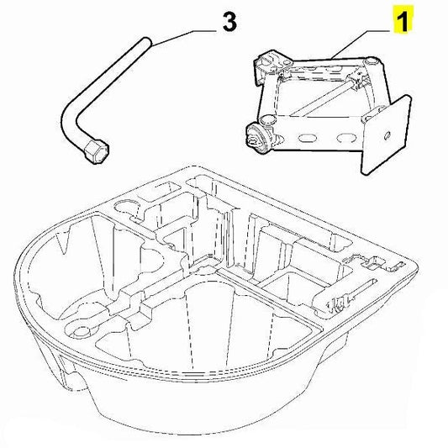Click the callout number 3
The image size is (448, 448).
(229, 22)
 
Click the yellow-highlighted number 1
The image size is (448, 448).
(403, 18)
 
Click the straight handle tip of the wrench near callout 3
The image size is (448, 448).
(146, 42)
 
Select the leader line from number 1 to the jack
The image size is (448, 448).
(361, 44)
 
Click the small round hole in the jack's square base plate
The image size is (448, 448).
(387, 135)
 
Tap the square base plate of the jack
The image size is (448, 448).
(386, 134)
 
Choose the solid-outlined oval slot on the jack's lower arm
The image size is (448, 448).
(306, 138)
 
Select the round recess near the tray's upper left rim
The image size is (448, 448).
(127, 205)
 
